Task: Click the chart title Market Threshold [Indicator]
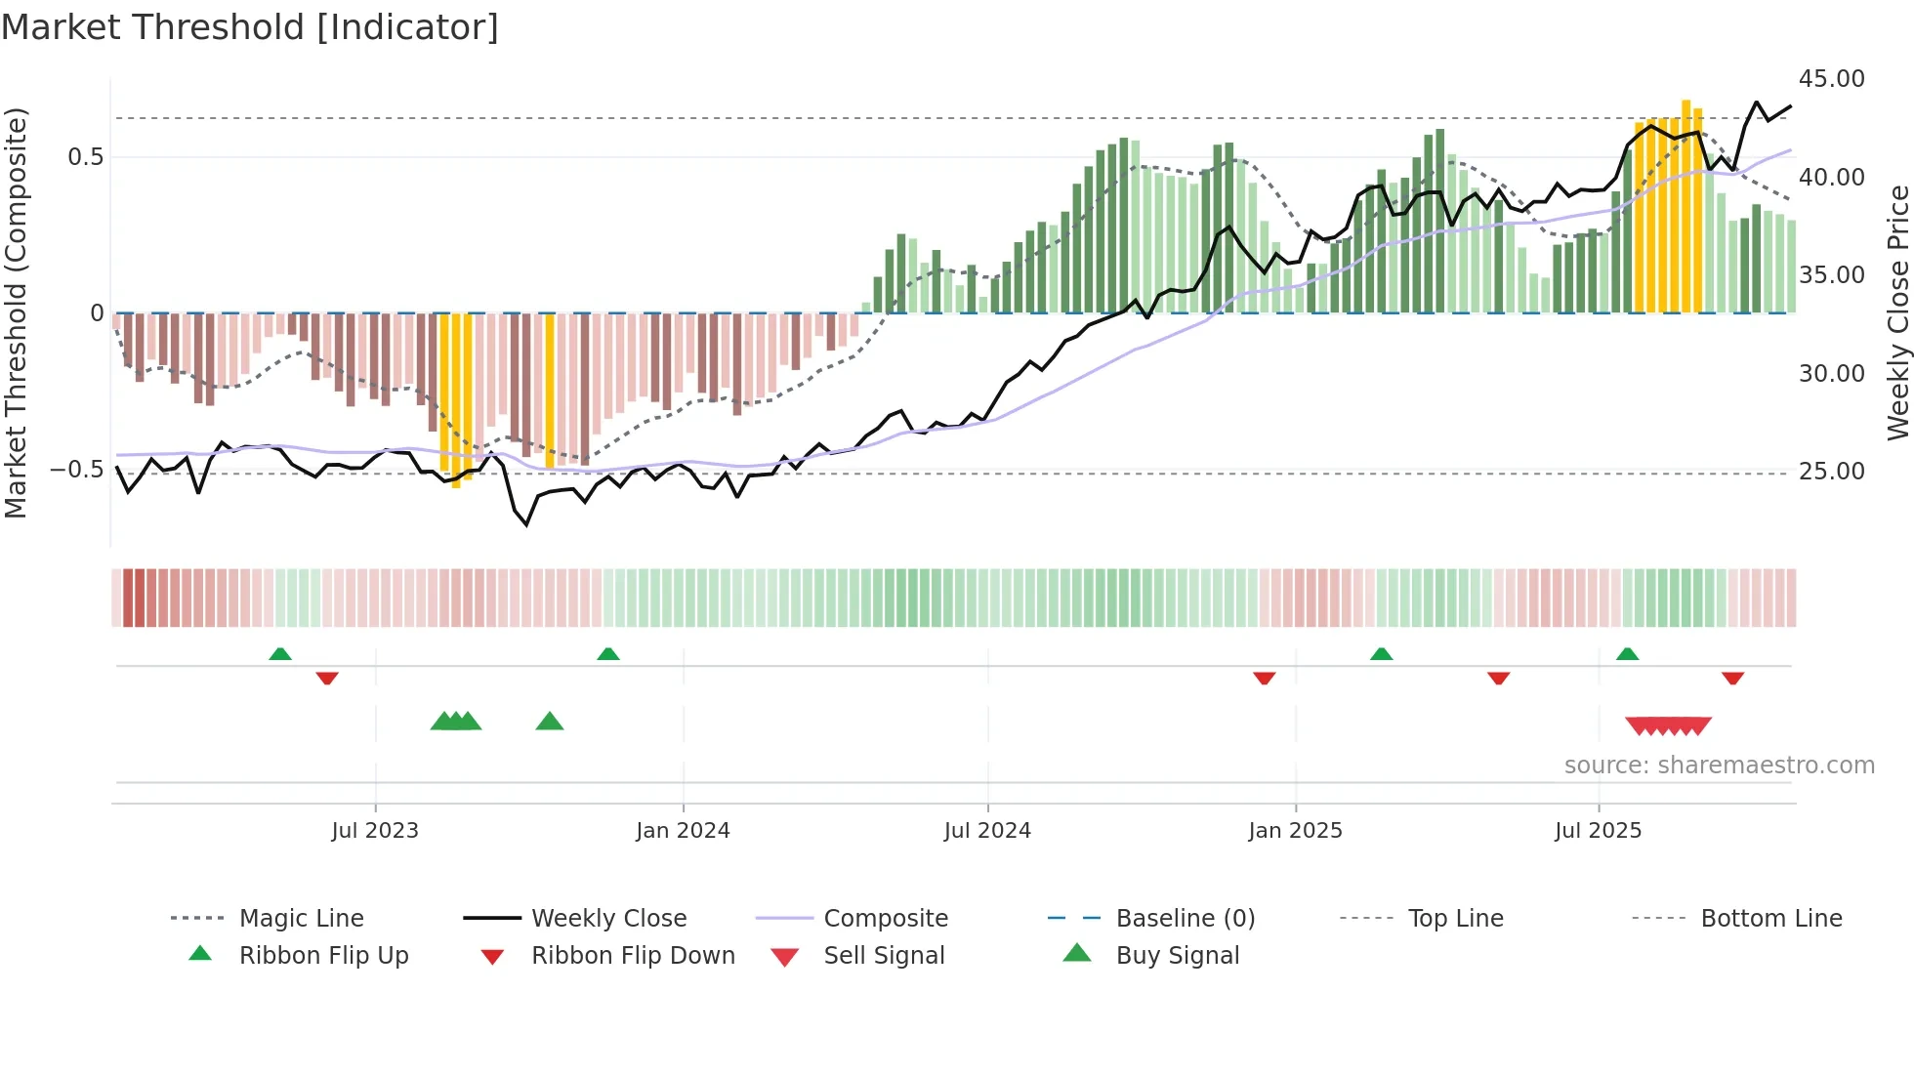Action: [x=250, y=27]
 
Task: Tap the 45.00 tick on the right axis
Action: [x=1831, y=79]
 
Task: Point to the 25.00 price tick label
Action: [x=1831, y=472]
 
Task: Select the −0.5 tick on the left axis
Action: [x=77, y=470]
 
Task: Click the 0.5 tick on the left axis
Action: [x=86, y=157]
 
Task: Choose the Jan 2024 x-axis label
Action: [x=683, y=831]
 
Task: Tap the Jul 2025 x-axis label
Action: [x=1598, y=831]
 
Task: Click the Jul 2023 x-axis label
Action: [x=375, y=831]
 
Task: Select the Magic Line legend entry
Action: [x=301, y=919]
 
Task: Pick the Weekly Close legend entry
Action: [x=608, y=919]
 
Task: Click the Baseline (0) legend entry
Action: [x=1185, y=919]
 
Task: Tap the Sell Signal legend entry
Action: [x=884, y=956]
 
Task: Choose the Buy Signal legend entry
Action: [x=1177, y=956]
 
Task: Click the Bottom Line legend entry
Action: [x=1770, y=919]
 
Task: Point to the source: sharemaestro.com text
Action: [x=1719, y=766]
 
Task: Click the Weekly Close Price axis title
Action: [x=1897, y=312]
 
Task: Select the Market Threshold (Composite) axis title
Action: [x=16, y=312]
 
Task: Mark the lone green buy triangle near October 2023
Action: [x=550, y=722]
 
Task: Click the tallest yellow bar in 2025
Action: [x=1685, y=205]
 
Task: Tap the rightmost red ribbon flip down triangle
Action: [x=1732, y=678]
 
